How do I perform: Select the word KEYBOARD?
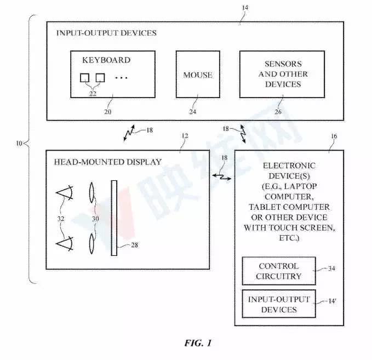click(106, 60)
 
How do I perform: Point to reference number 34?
click(331, 268)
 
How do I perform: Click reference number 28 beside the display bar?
click(135, 245)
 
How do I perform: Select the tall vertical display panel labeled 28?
click(114, 218)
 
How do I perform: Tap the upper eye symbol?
click(65, 192)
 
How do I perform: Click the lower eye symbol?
click(65, 243)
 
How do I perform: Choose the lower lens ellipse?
click(91, 243)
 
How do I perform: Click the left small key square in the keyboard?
click(84, 78)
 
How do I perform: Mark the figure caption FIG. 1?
click(198, 343)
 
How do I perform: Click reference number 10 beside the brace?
click(19, 144)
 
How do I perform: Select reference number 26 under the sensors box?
click(278, 112)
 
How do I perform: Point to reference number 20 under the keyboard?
click(107, 112)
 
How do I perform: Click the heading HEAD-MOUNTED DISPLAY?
click(108, 162)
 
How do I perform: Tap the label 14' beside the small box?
click(332, 301)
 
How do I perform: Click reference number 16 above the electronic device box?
click(334, 136)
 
